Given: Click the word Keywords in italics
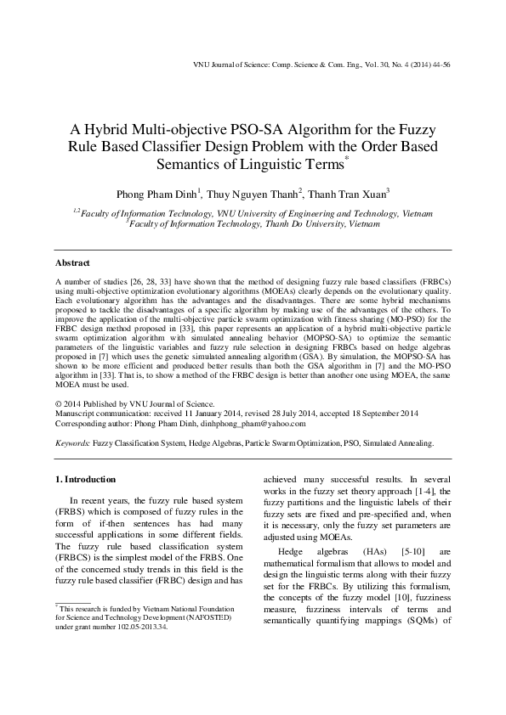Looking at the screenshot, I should pos(74,442).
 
